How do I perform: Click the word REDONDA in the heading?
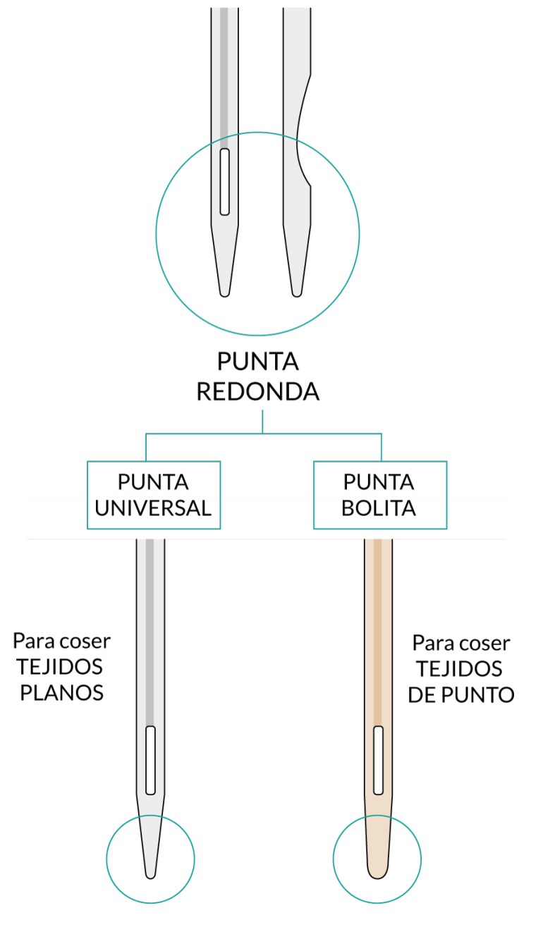click(257, 392)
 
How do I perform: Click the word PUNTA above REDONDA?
click(257, 362)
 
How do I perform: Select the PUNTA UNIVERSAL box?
click(154, 494)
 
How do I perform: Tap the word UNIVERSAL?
click(154, 508)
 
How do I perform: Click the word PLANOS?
click(62, 692)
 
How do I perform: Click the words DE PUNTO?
click(461, 694)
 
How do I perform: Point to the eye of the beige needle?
click(377, 760)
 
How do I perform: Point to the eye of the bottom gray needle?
click(150, 760)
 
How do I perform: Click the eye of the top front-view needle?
click(224, 181)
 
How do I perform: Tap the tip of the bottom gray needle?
click(150, 874)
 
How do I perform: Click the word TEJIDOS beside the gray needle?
click(63, 666)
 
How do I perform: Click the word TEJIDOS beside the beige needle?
click(459, 669)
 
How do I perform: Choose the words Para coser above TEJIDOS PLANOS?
click(62, 641)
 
